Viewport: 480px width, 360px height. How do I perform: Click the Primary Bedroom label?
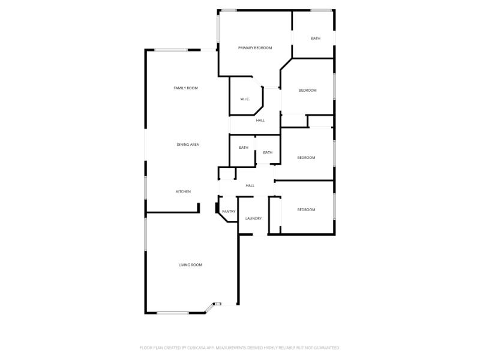(x=255, y=48)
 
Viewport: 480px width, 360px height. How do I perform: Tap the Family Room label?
(x=185, y=88)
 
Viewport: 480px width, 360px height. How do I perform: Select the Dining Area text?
(x=188, y=145)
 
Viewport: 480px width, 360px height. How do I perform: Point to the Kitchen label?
(x=183, y=191)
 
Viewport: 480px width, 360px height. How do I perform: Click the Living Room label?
(x=190, y=265)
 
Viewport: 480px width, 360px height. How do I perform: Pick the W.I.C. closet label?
(x=245, y=99)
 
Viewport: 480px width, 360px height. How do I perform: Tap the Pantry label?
(x=229, y=211)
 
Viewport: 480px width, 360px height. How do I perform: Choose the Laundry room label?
(x=253, y=218)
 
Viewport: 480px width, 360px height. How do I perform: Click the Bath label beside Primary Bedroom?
(x=316, y=39)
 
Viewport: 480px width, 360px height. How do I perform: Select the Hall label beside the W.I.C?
(x=260, y=121)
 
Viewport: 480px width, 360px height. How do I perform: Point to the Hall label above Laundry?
(x=250, y=186)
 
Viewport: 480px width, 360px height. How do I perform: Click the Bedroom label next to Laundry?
(x=306, y=209)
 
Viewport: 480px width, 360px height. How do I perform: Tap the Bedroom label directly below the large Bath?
(x=307, y=90)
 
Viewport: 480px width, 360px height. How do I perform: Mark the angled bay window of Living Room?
(x=209, y=308)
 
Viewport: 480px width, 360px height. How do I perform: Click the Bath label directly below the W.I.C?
(x=244, y=148)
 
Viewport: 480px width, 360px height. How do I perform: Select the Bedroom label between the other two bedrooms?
(x=306, y=158)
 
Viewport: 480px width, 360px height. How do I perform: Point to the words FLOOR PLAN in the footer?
(x=150, y=347)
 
